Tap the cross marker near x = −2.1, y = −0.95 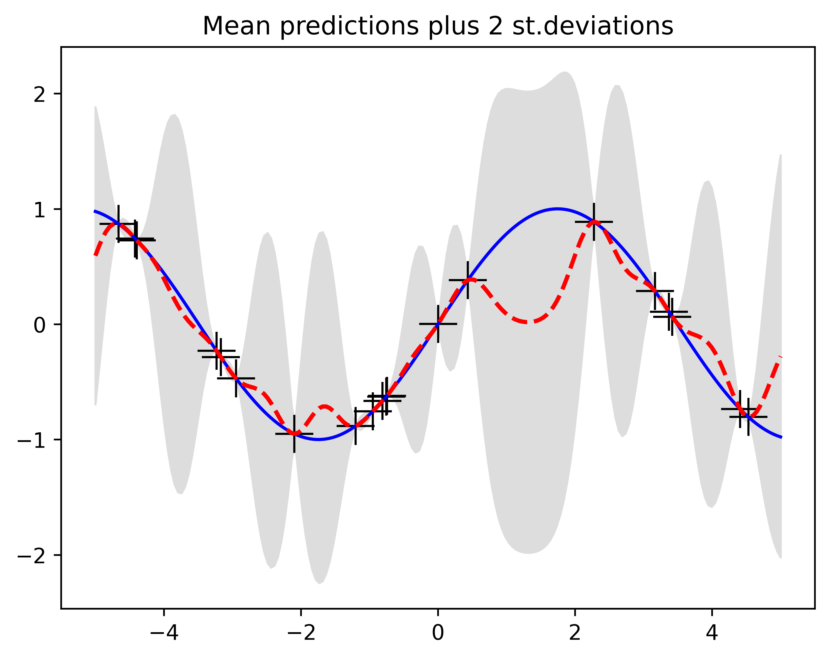pyautogui.click(x=294, y=434)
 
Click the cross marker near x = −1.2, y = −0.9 pyautogui.click(x=355, y=426)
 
